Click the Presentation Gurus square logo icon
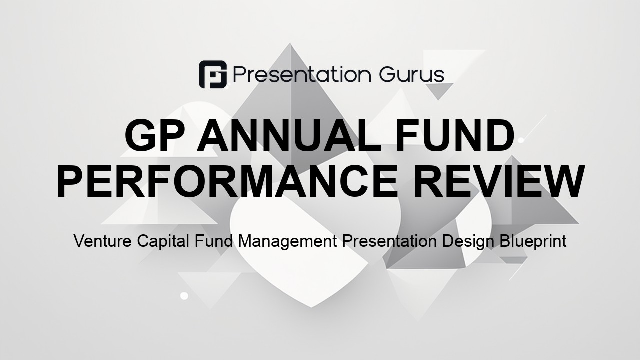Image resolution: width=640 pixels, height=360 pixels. coord(213,74)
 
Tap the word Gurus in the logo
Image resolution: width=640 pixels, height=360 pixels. coord(411,75)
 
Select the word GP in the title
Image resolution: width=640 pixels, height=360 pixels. coord(155,135)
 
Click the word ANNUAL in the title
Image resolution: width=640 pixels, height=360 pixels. coord(289,135)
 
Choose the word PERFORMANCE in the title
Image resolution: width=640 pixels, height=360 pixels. coord(227,181)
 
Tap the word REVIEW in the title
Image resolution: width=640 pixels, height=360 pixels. coord(498,181)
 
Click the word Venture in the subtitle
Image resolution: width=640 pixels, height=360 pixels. coord(103,241)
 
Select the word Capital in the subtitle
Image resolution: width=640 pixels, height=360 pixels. coord(163,242)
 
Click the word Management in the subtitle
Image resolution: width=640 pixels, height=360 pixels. coord(287,242)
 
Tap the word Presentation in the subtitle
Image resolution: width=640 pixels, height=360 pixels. coord(389,241)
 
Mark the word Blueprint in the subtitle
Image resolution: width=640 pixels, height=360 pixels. coord(533,242)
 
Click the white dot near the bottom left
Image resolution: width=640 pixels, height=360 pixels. coord(184,296)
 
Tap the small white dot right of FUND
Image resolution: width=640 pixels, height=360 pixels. coord(521,140)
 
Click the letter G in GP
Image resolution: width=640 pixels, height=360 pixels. coord(140,135)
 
